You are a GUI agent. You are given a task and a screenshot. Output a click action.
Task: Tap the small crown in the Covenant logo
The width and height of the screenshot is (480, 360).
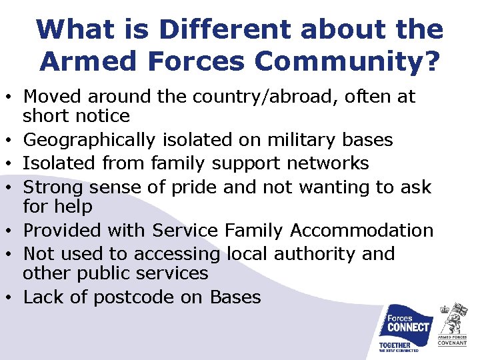tap(445, 310)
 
